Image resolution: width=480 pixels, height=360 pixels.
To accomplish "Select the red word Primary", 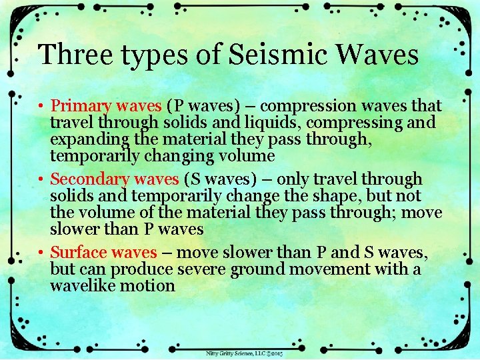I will click(74, 106).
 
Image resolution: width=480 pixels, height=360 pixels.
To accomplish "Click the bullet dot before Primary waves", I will click(41, 106).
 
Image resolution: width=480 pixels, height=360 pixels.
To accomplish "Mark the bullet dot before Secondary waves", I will click(41, 179).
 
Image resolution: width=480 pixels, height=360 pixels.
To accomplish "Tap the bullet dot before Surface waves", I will click(41, 253).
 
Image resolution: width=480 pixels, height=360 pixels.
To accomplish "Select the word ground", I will click(257, 269).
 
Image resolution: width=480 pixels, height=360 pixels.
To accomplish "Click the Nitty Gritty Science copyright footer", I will click(244, 353).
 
